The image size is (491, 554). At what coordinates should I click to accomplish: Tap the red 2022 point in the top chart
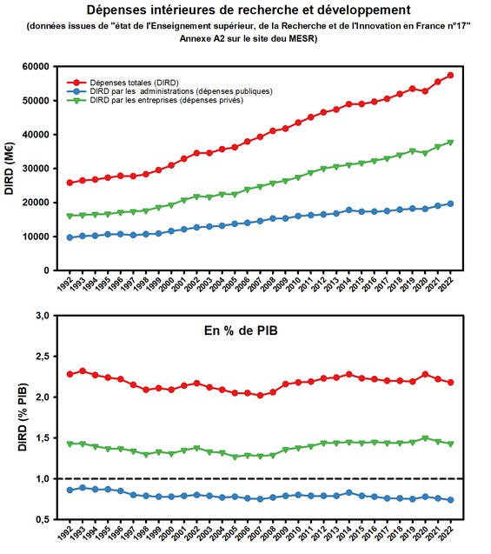point(450,76)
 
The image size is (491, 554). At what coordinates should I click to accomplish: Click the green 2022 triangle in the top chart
point(450,143)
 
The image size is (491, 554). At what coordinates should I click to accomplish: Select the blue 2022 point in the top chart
point(450,204)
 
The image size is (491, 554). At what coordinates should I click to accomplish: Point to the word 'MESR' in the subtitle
point(292,39)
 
